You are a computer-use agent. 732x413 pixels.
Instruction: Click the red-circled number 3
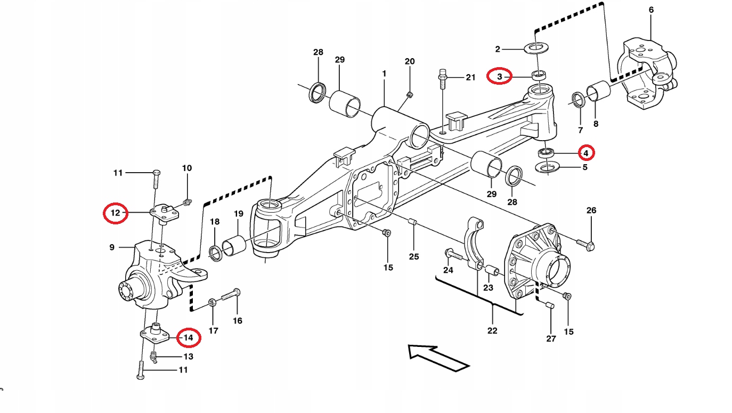(500, 77)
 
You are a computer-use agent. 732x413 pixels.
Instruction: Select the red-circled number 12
(116, 214)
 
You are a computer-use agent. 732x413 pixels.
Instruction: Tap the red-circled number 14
(188, 337)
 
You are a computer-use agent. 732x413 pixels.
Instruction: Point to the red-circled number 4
(585, 153)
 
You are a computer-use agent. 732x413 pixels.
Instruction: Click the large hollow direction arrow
(438, 357)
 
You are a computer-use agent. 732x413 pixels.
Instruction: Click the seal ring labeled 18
(216, 254)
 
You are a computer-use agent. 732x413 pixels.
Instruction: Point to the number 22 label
(492, 330)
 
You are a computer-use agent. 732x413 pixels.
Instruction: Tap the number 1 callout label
(384, 73)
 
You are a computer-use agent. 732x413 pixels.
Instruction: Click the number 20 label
(409, 61)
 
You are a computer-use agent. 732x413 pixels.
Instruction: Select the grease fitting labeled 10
(187, 202)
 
